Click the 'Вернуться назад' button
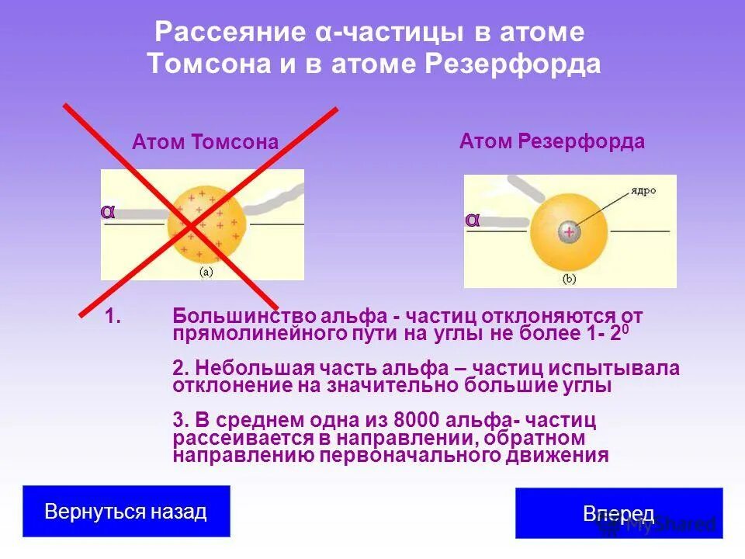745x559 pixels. coord(126,512)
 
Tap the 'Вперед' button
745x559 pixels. coord(619,514)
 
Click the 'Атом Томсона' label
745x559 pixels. coord(205,143)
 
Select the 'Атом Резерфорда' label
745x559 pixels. coord(552,141)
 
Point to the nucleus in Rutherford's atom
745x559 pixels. coord(569,231)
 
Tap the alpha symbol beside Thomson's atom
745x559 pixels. coord(108,211)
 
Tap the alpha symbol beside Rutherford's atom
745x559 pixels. coord(472,220)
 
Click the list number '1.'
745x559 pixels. coord(114,316)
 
